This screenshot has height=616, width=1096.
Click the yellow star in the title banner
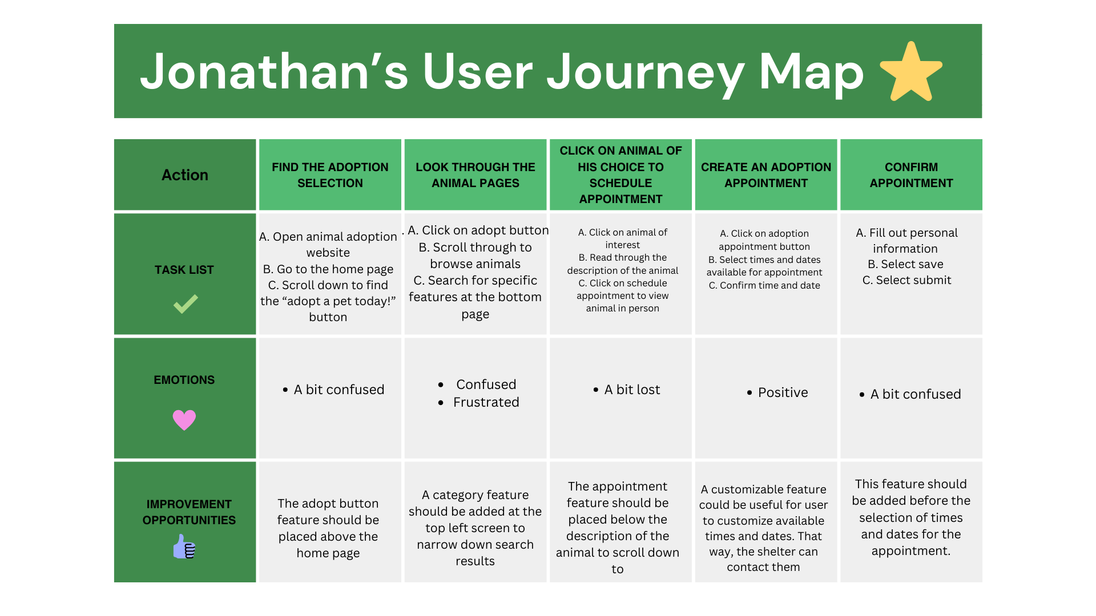911,72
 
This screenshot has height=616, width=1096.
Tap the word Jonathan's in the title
274,72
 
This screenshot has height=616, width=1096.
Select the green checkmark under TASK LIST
186,303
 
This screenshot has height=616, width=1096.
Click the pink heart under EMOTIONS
184,420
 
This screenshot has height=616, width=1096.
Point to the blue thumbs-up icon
184,546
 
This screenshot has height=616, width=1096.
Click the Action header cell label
185,175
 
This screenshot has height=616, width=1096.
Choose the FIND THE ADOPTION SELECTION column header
330,175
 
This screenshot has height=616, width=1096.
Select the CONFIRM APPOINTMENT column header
911,175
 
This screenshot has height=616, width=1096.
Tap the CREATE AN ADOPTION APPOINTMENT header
766,175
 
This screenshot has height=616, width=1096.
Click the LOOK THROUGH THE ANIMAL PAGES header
476,175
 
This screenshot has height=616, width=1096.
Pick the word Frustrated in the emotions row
486,402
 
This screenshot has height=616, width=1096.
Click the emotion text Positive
783,392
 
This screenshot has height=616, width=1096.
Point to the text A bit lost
632,390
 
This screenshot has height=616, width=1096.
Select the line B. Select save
906,264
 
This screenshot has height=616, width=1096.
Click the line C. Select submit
907,280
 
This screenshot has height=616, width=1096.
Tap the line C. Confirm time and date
764,285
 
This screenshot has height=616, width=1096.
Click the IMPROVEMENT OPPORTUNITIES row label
189,512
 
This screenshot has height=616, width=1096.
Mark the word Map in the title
811,72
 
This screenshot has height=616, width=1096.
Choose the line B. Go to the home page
328,269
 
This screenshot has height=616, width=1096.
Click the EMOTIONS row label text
184,380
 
